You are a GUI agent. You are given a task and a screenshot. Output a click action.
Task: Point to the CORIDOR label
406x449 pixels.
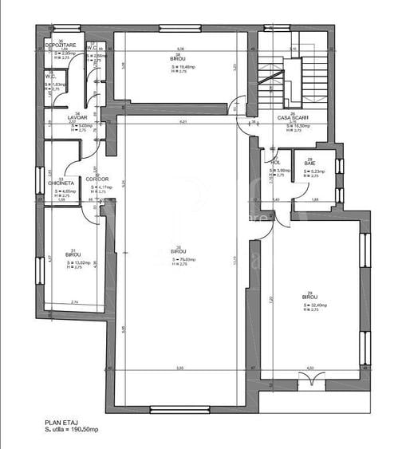click(x=97, y=179)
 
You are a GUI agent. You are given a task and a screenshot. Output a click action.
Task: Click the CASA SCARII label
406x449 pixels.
click(x=292, y=117)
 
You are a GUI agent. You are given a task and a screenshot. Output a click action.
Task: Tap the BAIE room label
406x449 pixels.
click(x=309, y=163)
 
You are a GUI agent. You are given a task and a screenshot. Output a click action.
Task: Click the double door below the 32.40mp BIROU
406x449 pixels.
click(x=311, y=384)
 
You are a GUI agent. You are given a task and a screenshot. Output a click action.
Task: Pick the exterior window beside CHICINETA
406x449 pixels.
click(x=37, y=180)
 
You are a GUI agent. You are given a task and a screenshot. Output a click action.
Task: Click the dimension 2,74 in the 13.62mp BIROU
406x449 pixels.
click(x=74, y=302)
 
